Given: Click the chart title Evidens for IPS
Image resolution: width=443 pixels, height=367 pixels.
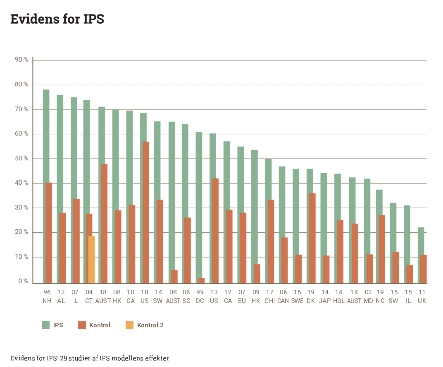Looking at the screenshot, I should pos(57,19).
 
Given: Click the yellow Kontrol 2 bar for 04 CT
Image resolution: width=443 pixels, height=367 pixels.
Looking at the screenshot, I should pos(92,260).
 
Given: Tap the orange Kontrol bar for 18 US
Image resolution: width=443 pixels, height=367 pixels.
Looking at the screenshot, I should pos(146,212).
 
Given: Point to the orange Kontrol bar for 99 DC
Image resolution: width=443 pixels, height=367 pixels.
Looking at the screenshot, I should pos(202,281).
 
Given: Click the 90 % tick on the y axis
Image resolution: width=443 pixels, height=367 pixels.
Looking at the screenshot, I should pos(21,60).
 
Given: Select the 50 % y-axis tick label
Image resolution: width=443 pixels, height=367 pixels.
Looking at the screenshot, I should pos(21,159).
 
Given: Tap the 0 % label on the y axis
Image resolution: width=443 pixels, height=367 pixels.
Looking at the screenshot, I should pos(23,281).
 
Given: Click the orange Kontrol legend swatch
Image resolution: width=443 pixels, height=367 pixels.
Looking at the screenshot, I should pos(82,325).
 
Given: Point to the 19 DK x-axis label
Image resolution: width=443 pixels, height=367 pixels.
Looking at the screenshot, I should pos(311,296).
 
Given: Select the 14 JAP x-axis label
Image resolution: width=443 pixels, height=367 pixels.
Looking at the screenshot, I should pos(325,296).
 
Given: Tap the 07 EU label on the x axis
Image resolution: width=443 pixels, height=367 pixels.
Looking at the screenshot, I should pos(242,296).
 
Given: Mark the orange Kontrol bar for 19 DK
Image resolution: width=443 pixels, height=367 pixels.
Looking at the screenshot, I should pos(312,238).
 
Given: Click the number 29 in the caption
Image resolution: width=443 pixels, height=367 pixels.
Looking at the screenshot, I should pos(64,358).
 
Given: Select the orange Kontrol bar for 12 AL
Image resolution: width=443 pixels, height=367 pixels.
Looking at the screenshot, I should pos(62,248).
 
